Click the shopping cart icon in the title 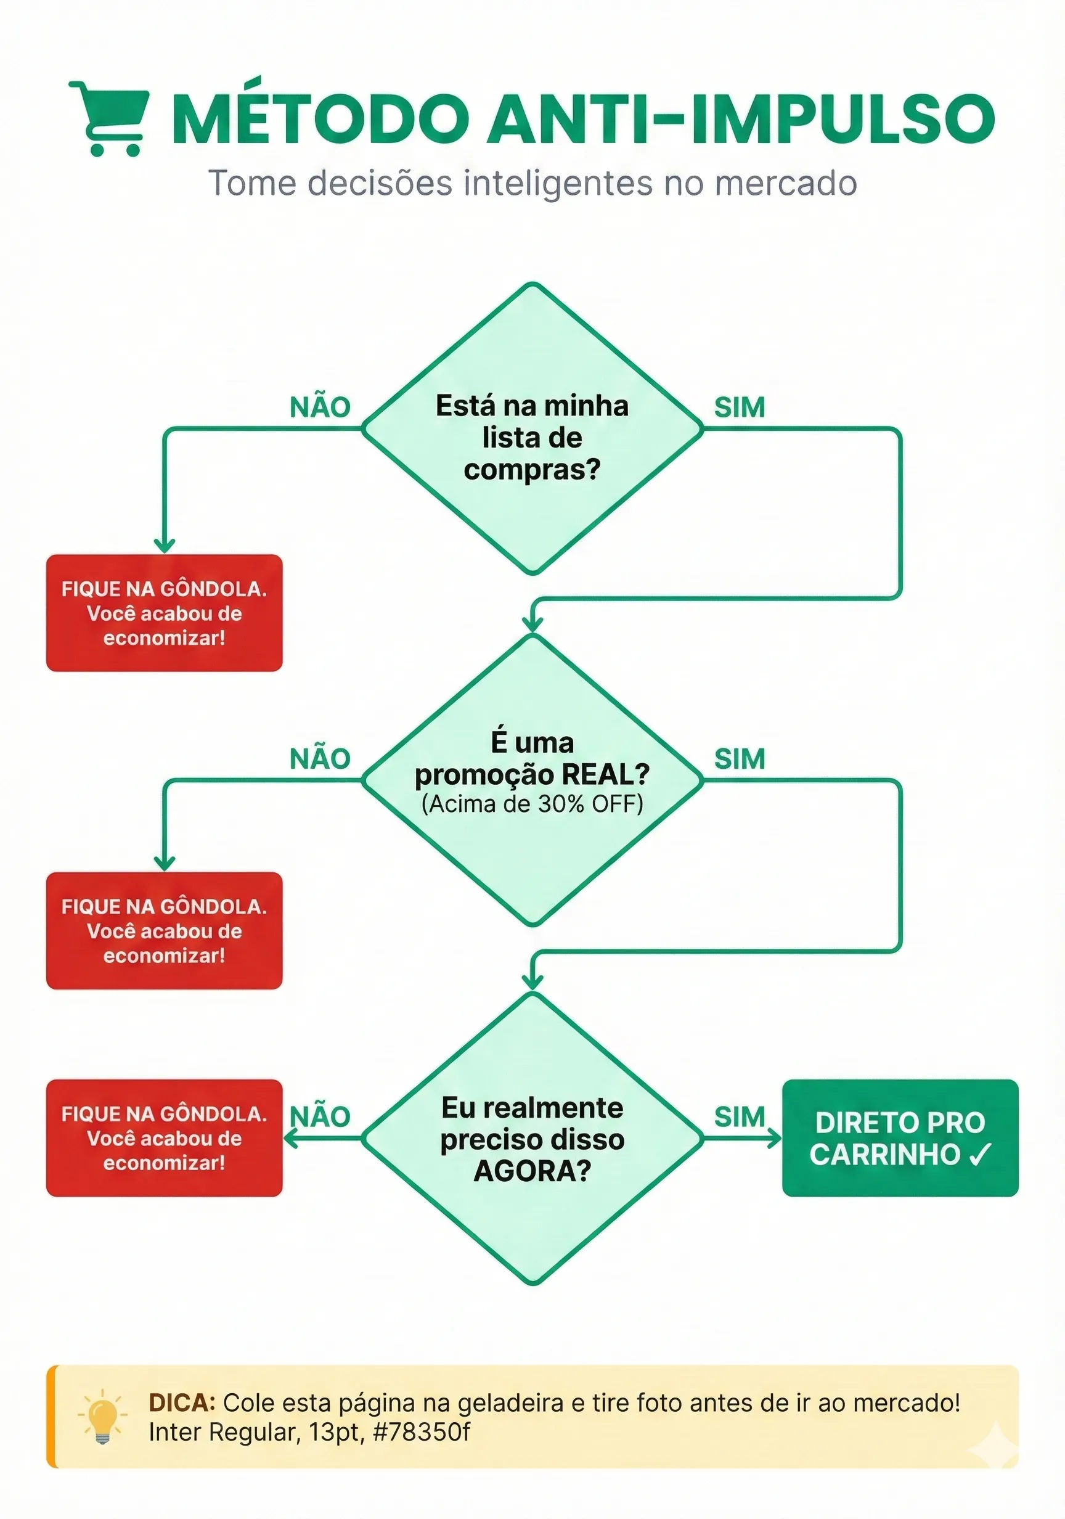110,118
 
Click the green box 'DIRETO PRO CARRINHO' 900,1138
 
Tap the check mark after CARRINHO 980,1155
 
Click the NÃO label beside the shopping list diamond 320,407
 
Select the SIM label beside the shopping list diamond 740,407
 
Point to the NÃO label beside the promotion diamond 320,759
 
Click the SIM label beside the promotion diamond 740,759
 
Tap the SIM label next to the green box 740,1118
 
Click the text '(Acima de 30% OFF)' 532,804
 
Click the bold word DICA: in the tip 182,1402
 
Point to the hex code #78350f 422,1431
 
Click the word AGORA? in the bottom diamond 532,1171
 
